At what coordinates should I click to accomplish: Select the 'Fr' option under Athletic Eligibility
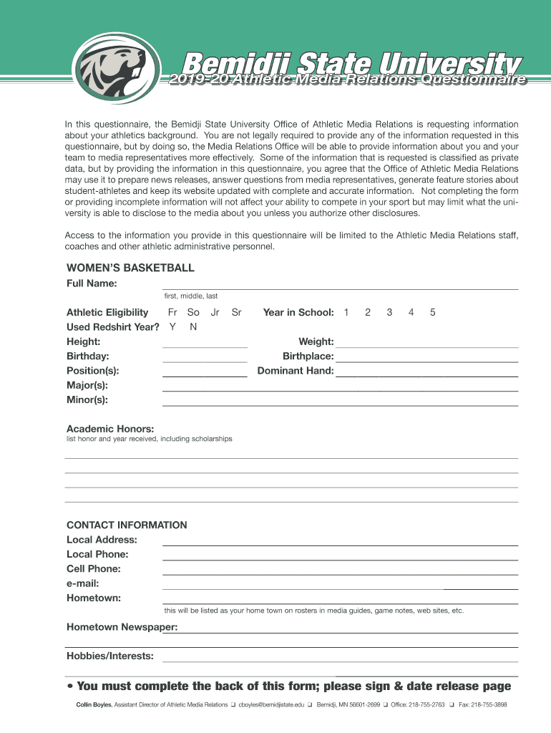pyautogui.click(x=172, y=313)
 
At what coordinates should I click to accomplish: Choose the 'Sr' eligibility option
pyautogui.click(x=237, y=313)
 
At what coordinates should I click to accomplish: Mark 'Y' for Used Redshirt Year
pyautogui.click(x=172, y=327)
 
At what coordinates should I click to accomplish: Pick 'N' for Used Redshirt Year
pyautogui.click(x=193, y=327)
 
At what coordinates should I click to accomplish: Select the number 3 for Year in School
pyautogui.click(x=389, y=313)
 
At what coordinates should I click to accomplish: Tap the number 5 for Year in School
pyautogui.click(x=432, y=313)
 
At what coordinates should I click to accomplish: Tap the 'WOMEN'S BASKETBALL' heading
pyautogui.click(x=130, y=268)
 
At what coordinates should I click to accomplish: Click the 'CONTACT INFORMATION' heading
pyautogui.click(x=127, y=525)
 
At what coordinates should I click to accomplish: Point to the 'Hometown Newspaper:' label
pyautogui.click(x=122, y=628)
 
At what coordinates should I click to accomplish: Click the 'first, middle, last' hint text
pyautogui.click(x=191, y=296)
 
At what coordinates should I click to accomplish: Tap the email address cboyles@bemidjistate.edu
pyautogui.click(x=271, y=705)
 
